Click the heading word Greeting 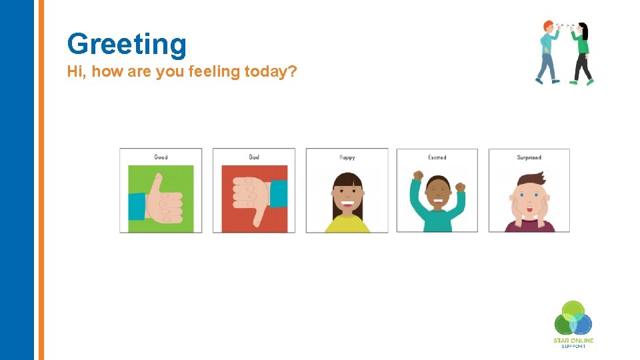(x=127, y=44)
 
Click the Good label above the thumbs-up (x=161, y=157)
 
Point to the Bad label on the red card (x=254, y=157)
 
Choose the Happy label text (x=347, y=158)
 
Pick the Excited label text (x=437, y=158)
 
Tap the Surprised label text (x=529, y=158)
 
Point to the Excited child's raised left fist (x=418, y=176)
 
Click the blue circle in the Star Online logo (x=581, y=325)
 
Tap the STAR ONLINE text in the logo (x=573, y=341)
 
